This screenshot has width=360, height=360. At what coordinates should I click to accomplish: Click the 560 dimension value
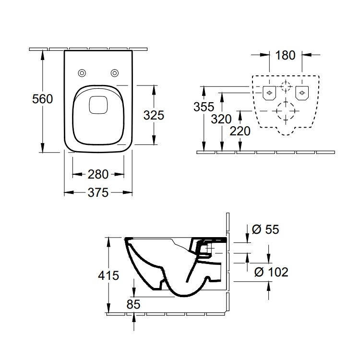[42, 99]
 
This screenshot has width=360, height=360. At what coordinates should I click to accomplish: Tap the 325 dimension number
[154, 115]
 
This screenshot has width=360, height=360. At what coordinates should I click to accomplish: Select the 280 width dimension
[99, 174]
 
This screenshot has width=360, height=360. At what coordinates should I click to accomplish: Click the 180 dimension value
[285, 55]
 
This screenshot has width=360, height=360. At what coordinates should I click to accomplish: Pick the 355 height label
[204, 106]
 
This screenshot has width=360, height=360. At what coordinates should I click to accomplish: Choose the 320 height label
[221, 119]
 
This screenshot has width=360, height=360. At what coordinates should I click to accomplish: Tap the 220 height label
[240, 131]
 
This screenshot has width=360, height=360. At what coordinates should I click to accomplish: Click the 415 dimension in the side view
[108, 276]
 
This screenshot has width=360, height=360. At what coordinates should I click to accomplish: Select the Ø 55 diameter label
[265, 229]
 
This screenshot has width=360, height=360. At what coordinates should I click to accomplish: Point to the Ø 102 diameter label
[271, 272]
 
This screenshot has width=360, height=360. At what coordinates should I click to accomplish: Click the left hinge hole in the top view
[82, 73]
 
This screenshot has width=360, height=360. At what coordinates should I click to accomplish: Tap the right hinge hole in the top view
[115, 73]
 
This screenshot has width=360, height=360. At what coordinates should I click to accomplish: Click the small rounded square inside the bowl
[98, 105]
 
